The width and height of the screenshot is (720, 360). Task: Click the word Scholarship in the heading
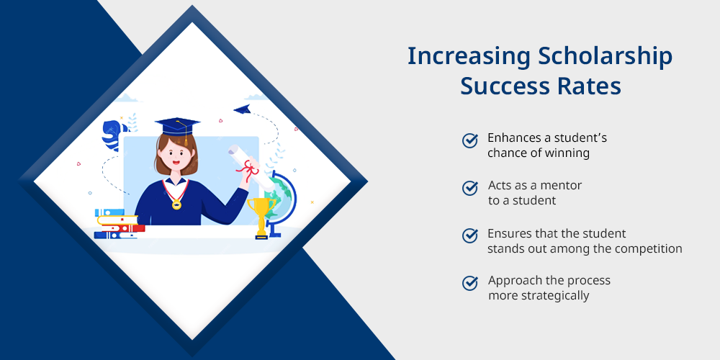pos(606,57)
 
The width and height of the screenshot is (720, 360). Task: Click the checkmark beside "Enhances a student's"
pos(469,140)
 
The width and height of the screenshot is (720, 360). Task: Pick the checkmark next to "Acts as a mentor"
pos(469,188)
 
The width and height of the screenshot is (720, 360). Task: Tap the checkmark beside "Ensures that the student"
pos(469,235)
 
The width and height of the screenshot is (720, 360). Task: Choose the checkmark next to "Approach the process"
pos(469,283)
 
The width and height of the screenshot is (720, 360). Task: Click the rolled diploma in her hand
pos(251,168)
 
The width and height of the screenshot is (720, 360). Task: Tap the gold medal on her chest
pos(176,204)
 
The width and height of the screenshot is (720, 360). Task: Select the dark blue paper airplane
pos(242,109)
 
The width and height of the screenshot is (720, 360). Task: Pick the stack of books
pos(119,224)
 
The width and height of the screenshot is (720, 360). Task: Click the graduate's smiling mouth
pos(176,162)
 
